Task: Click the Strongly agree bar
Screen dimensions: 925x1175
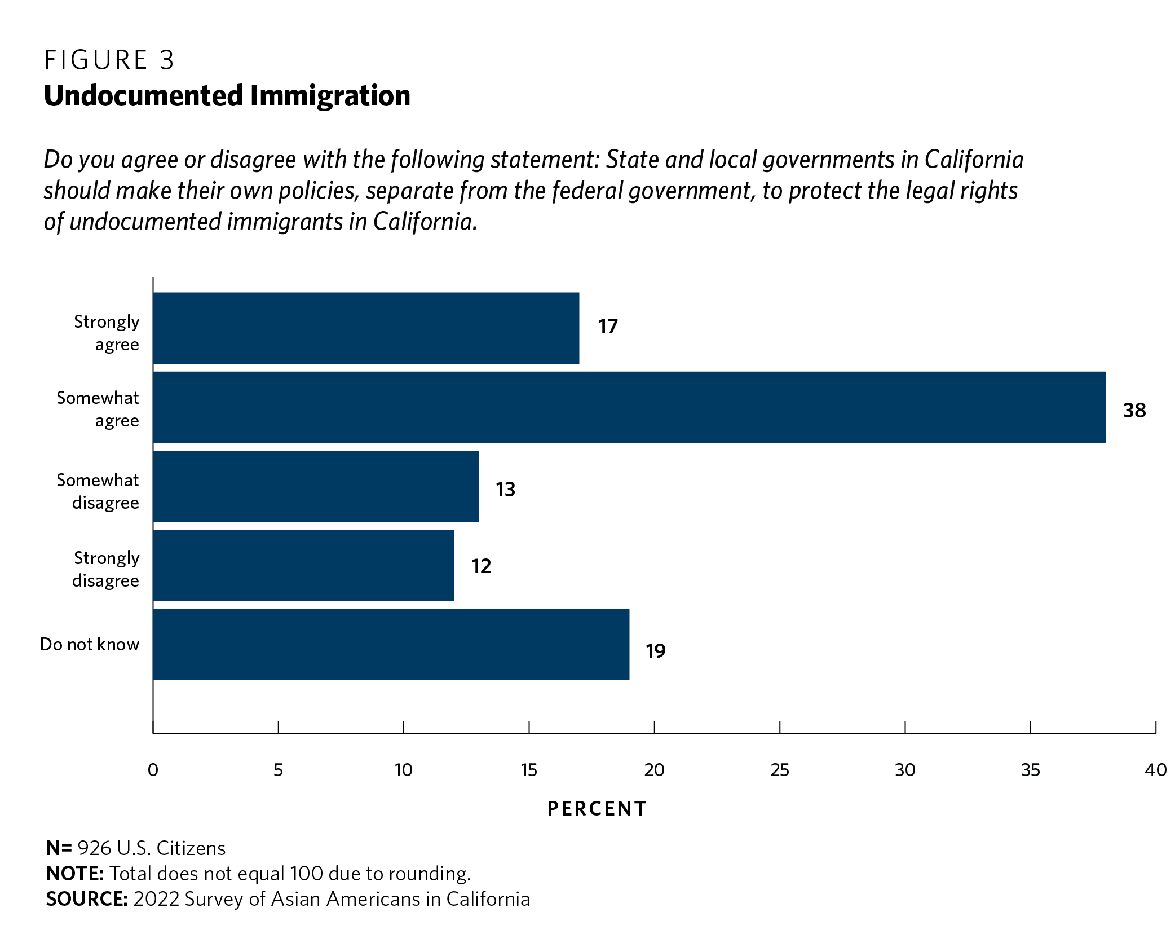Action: [366, 328]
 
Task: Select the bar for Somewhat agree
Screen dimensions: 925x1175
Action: [629, 407]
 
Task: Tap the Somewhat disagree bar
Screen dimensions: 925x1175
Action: [316, 486]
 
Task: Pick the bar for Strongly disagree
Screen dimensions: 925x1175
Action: [303, 565]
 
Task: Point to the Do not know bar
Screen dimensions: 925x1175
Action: [391, 644]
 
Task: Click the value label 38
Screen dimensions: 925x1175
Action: [1134, 410]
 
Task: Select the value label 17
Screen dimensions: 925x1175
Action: [608, 327]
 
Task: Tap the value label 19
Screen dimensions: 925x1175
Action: [655, 651]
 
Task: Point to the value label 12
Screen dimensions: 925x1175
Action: [481, 566]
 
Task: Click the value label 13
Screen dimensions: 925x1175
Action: [505, 489]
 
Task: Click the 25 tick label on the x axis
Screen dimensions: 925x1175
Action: [779, 770]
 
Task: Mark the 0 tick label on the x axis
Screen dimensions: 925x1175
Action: [153, 770]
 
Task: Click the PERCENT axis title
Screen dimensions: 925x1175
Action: [597, 809]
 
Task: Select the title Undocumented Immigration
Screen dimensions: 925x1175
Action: [227, 95]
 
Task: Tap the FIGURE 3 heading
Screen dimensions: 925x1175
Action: [109, 60]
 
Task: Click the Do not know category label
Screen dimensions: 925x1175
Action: [90, 644]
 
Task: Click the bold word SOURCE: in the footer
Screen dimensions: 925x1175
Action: [87, 899]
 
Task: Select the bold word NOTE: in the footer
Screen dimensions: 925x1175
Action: [74, 874]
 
